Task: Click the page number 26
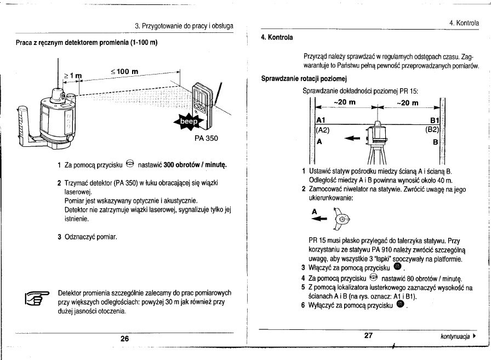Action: click(124, 339)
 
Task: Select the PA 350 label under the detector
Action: click(205, 138)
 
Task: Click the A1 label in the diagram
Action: click(321, 121)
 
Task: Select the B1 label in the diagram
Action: click(436, 121)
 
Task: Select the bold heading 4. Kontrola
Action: click(277, 37)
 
